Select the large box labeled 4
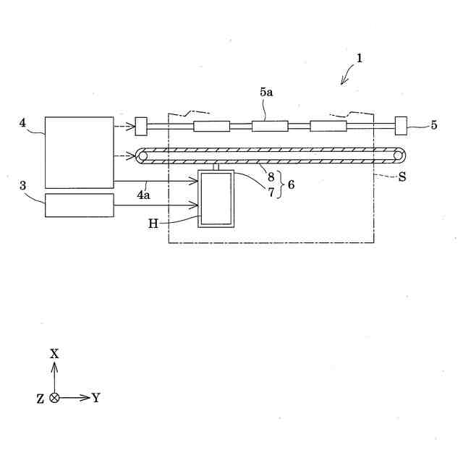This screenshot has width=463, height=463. (x=80, y=152)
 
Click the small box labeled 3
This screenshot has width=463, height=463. (x=80, y=205)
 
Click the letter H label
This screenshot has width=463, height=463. (x=153, y=224)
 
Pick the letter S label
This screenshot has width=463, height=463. (x=401, y=177)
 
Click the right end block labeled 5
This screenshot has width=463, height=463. (x=401, y=126)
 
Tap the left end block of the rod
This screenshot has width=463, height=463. (x=141, y=126)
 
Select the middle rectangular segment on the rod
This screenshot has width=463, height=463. (x=270, y=126)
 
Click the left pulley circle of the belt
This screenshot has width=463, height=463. (x=143, y=156)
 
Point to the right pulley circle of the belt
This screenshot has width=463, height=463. (x=397, y=156)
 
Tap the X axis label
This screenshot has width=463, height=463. (x=54, y=354)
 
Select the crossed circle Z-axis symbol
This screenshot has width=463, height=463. (x=54, y=397)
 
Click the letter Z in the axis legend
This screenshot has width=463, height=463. (x=41, y=398)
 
